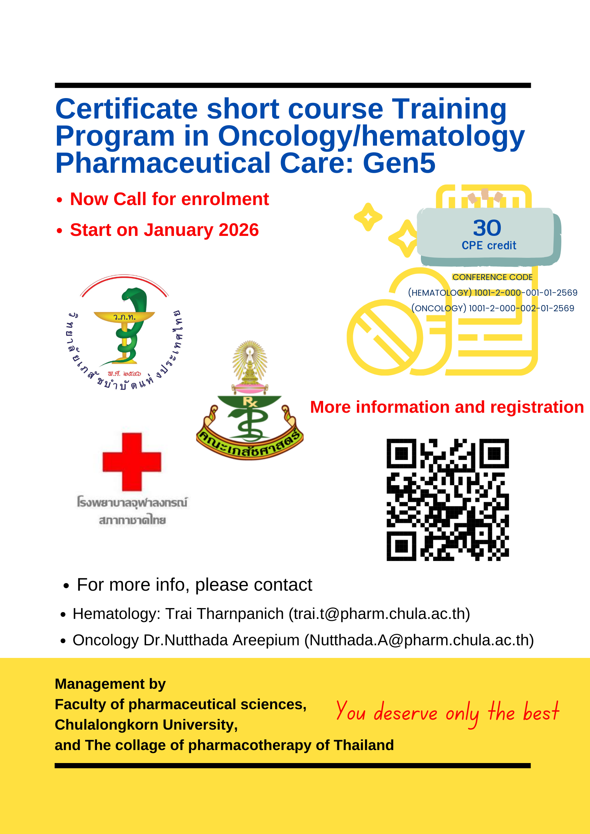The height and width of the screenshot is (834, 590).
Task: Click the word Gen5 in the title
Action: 399,163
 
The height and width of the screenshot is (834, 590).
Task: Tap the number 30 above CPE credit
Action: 487,228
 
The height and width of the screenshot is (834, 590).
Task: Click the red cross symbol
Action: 132,462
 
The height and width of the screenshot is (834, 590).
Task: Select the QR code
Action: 448,500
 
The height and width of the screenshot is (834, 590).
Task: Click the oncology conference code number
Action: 521,308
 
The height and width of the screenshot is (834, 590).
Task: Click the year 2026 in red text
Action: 239,230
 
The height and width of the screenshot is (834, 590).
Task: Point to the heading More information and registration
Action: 447,407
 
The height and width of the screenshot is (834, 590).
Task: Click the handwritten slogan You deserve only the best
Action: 447,712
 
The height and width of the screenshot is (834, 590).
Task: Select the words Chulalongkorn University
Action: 146,725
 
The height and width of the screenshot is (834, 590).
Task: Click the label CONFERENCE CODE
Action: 492,277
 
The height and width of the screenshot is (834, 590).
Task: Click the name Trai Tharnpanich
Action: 225,614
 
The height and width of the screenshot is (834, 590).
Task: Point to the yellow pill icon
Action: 385,337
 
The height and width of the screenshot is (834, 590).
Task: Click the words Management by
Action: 110,684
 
